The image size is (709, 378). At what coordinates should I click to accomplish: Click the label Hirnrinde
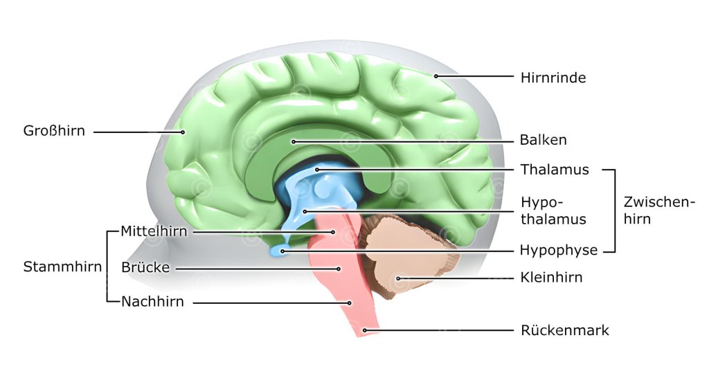coord(553,78)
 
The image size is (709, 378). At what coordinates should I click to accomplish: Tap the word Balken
coord(543,140)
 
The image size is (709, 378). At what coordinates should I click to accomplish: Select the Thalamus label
coord(554,170)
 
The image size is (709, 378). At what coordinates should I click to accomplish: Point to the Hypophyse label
coord(558,250)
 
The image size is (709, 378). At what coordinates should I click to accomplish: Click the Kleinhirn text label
coord(551,278)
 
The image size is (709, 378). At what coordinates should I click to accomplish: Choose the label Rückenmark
coord(564,330)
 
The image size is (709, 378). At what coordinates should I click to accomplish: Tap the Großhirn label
coord(54,131)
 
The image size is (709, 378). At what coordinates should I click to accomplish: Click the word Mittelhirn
coord(154,231)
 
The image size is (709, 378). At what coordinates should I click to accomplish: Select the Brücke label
coord(145,267)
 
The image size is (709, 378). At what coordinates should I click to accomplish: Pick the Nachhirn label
coord(152,302)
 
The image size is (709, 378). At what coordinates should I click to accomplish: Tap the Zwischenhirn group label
coord(658,210)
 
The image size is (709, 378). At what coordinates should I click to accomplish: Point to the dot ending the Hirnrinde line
coord(436,76)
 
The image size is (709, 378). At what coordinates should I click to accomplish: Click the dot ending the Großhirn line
coord(183,132)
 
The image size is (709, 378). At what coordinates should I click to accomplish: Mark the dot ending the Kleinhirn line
coord(398,278)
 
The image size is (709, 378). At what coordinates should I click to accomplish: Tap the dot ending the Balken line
coord(294,141)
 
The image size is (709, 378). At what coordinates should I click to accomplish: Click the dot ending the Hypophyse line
coord(282,250)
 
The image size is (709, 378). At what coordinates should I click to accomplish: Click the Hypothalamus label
coord(553,210)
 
